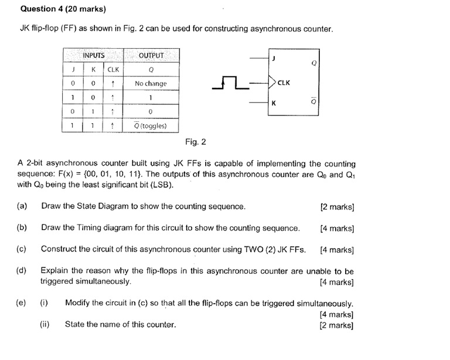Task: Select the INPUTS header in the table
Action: pos(94,55)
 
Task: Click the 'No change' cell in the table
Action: pos(150,84)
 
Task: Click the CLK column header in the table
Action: pos(114,70)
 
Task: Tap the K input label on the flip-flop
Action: pos(272,104)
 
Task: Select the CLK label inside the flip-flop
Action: pos(284,83)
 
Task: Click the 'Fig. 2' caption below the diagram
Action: pos(195,142)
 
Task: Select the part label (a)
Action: pos(22,206)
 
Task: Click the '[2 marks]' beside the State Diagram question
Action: pos(337,206)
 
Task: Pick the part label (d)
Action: pos(22,271)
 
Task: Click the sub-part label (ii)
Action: pos(45,324)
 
